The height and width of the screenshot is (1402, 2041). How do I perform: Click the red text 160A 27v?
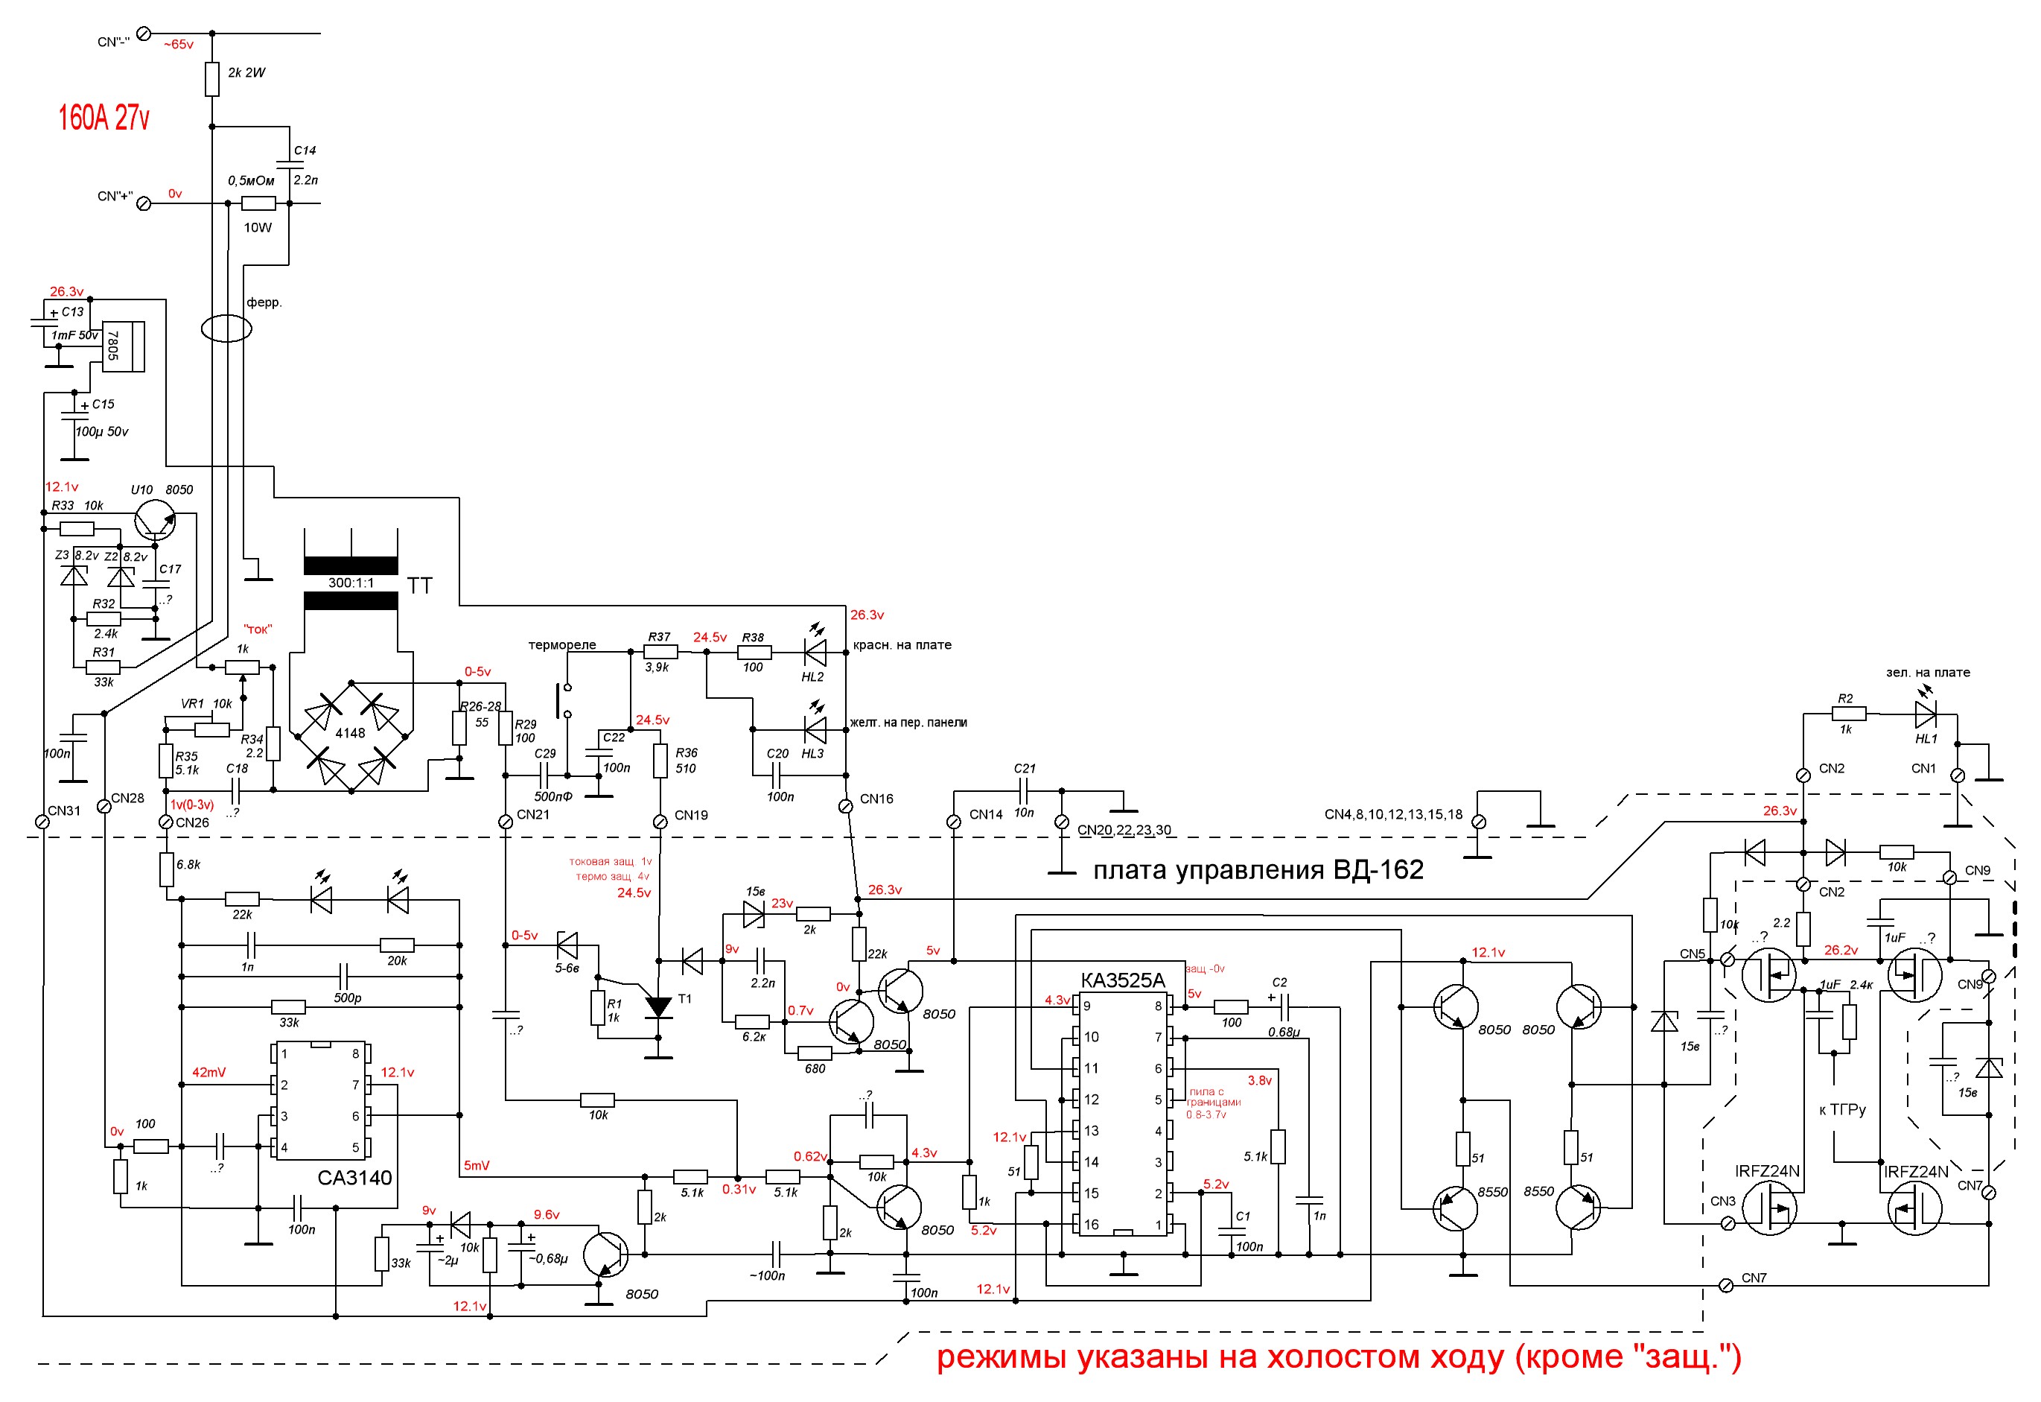pos(104,118)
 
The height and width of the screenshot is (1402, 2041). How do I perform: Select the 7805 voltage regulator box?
pos(124,346)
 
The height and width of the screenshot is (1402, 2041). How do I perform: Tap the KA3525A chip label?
pos(1122,980)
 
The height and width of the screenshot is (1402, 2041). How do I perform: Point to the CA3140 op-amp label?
pos(354,1178)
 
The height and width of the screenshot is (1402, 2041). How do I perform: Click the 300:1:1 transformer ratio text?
pos(351,583)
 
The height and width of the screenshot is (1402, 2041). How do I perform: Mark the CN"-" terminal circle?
pos(144,34)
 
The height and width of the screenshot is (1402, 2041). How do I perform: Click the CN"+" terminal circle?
pos(144,204)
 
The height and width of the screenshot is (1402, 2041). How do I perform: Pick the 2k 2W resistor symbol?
pos(211,79)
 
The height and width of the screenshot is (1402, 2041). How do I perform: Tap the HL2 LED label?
pos(812,677)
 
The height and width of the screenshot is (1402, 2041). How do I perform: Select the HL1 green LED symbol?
pos(1925,715)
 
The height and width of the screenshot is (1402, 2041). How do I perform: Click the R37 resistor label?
pos(659,637)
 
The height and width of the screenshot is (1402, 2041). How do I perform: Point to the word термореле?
pos(562,645)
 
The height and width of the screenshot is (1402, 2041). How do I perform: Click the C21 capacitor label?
pos(1025,769)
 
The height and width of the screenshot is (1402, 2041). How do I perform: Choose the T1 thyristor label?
pos(685,999)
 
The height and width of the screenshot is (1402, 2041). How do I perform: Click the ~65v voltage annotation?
pos(178,44)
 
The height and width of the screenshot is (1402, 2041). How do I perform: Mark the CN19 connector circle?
pos(660,822)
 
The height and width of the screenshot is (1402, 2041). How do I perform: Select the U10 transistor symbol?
pos(155,520)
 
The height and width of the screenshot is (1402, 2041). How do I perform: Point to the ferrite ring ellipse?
pos(226,329)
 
